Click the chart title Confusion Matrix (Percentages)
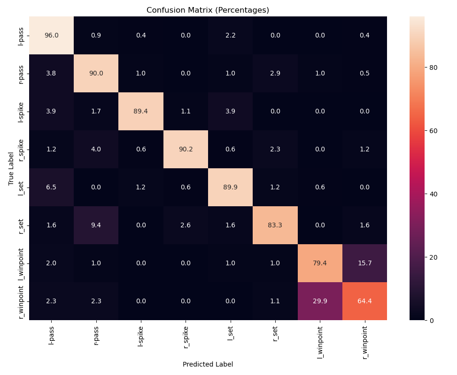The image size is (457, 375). (x=208, y=10)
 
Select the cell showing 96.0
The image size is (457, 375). (x=51, y=35)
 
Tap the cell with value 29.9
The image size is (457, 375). (x=320, y=301)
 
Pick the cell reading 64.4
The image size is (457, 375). (x=364, y=301)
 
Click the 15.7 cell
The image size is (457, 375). (x=364, y=263)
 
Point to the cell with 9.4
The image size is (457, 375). (x=96, y=225)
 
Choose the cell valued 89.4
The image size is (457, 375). (x=141, y=111)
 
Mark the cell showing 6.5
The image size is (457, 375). (x=51, y=187)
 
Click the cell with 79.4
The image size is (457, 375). (x=320, y=263)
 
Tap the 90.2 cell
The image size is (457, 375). (x=186, y=149)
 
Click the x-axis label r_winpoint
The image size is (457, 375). (x=365, y=341)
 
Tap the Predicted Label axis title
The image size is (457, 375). (x=208, y=364)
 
